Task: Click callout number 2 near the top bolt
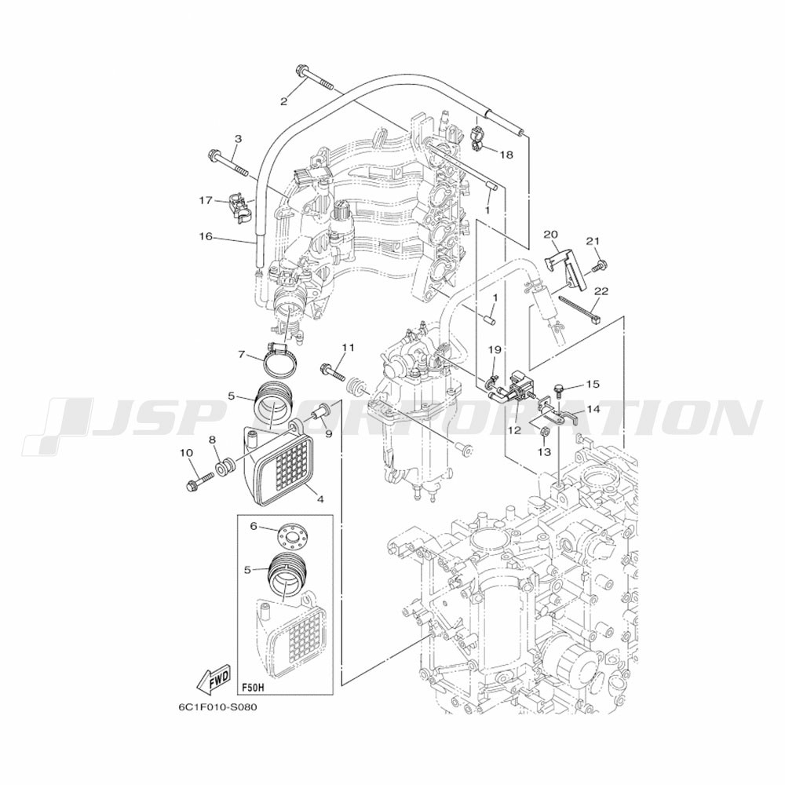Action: [284, 102]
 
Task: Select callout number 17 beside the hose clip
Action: [205, 201]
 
